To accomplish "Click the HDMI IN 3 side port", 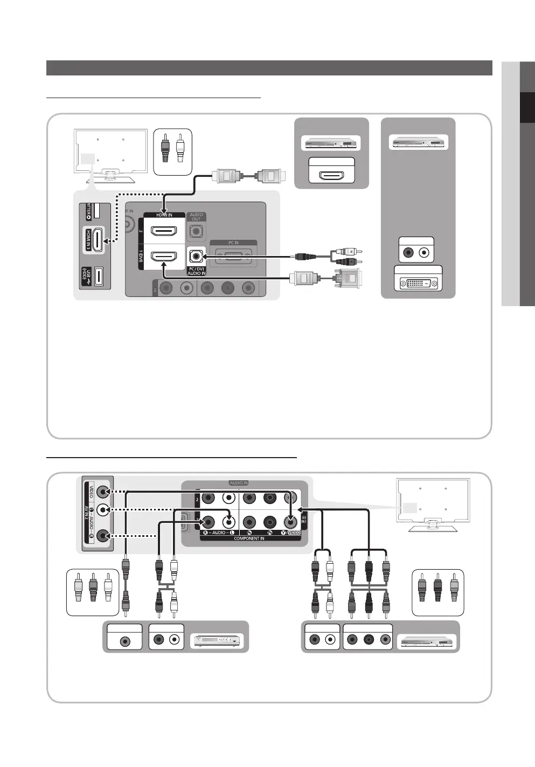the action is click(x=98, y=240).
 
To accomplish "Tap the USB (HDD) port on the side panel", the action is click(x=99, y=277).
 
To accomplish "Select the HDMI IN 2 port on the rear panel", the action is click(x=164, y=231).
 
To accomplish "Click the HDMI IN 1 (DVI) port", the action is click(x=164, y=257).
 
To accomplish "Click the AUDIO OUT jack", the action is click(x=196, y=232).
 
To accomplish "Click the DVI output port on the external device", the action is click(x=418, y=282).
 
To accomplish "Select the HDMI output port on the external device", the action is click(x=331, y=175).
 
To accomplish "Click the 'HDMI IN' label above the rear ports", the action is click(x=164, y=215).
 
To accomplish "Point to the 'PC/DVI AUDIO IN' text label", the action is click(x=196, y=271).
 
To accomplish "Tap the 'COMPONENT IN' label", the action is click(x=248, y=538).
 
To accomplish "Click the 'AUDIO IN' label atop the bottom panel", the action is click(x=239, y=483).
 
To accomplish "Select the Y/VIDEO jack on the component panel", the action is click(x=290, y=522).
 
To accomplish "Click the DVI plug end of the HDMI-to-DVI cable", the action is click(x=348, y=278).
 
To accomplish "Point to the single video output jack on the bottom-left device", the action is click(x=125, y=641).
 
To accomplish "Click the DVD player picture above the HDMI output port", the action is click(x=331, y=143).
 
